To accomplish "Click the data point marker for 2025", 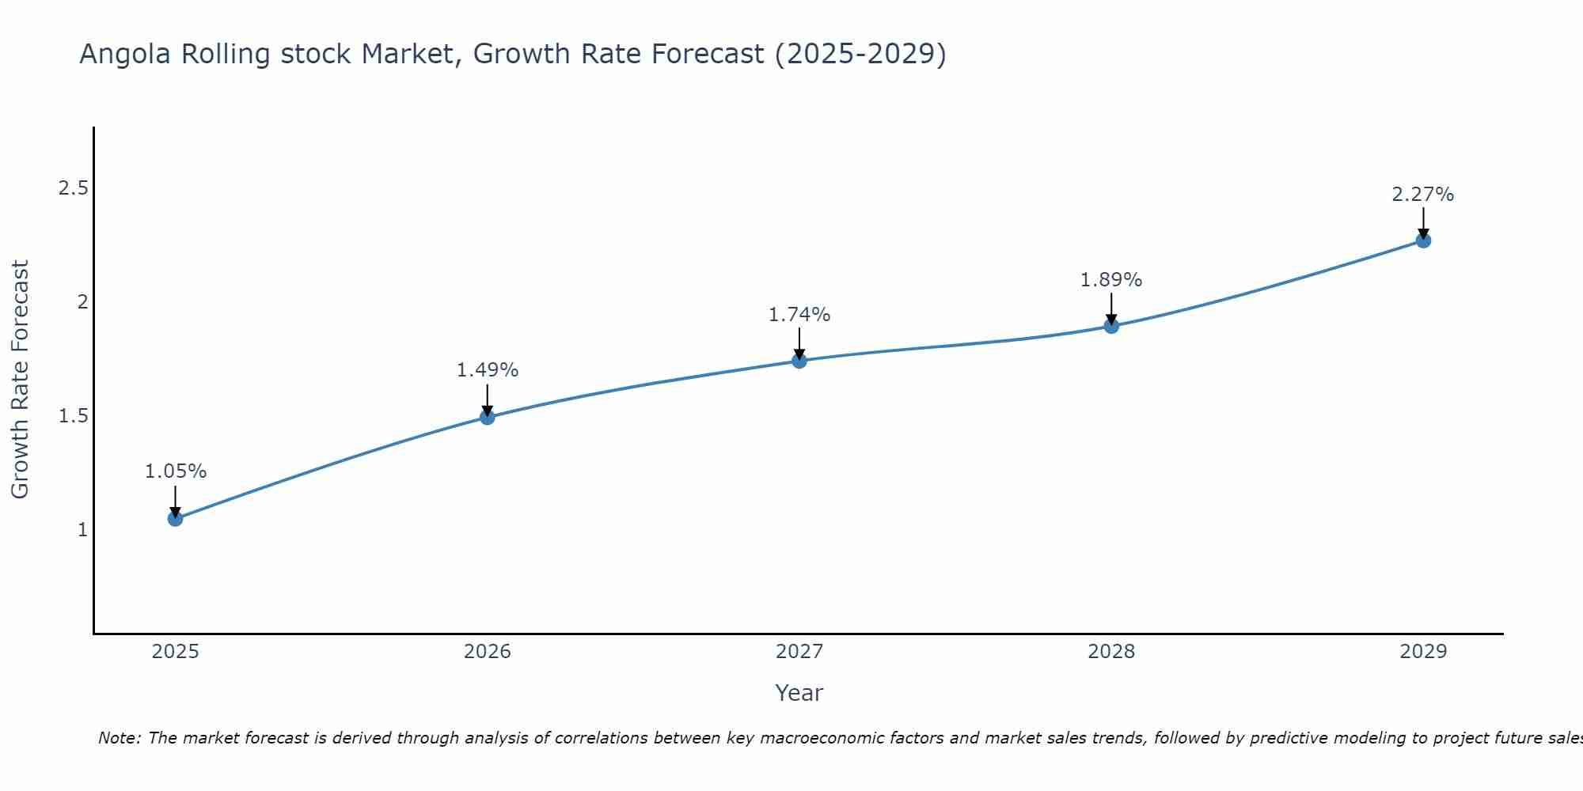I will (175, 519).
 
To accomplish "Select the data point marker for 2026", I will (488, 417).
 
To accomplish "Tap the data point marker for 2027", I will (799, 361).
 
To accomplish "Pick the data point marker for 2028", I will (1111, 326).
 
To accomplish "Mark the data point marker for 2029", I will (1423, 240).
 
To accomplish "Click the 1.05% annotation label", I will (175, 471).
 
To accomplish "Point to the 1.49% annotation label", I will (488, 370).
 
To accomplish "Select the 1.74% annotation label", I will (799, 315).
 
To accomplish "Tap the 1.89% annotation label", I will (1111, 280).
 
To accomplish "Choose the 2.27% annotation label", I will (1423, 195).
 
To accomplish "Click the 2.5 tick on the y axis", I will (73, 188).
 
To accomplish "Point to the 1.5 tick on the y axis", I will (73, 416).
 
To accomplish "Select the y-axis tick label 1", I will (82, 530).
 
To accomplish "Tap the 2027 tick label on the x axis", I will (799, 652).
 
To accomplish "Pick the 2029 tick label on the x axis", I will (1423, 652).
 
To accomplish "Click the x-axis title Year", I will (799, 693).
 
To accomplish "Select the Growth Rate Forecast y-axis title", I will (20, 380).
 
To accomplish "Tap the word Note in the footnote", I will (119, 738).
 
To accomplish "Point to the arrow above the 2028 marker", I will (1111, 308).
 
